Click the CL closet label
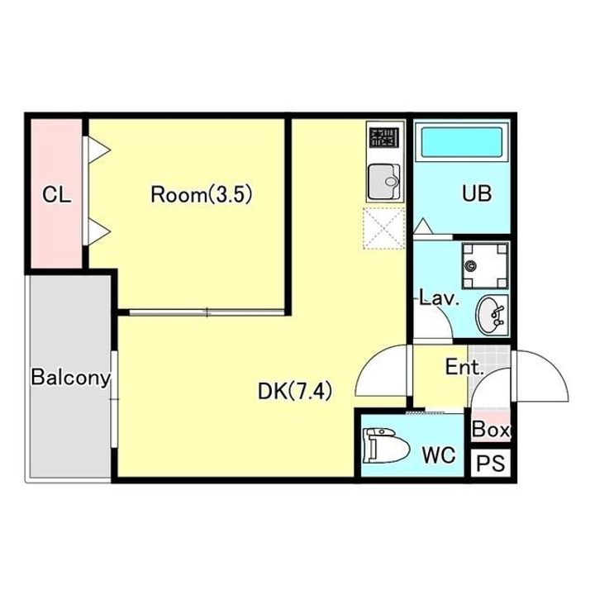tap(56, 195)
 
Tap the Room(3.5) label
tap(202, 195)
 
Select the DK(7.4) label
tap(295, 391)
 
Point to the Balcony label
tap(71, 378)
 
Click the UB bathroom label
tap(477, 193)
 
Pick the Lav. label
tap(440, 299)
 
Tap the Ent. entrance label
tap(464, 367)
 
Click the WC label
tap(439, 455)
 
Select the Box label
tap(491, 429)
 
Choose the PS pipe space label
tap(491, 463)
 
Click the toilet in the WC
tap(386, 445)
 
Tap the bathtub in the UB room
tap(462, 142)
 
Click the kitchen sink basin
tap(384, 181)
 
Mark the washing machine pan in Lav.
tap(485, 265)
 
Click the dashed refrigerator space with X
tap(383, 228)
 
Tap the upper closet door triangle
tap(99, 150)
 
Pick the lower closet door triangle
tap(99, 231)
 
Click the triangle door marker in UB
tap(423, 226)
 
